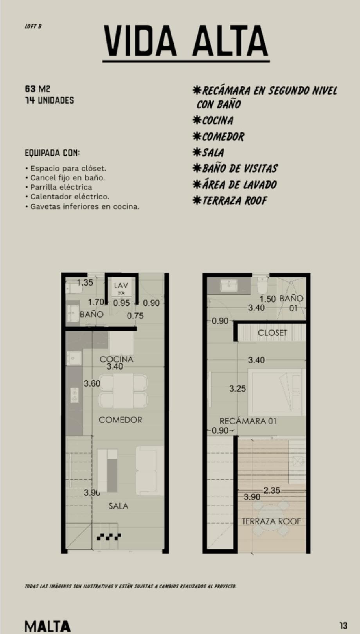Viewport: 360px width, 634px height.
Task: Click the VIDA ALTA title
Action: pos(186,41)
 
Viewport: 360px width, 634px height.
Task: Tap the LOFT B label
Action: pos(33,26)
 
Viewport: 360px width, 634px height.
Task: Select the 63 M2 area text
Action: pos(38,89)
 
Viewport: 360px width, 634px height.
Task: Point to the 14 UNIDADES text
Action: pos(49,100)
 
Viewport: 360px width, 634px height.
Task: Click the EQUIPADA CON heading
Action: pos(52,153)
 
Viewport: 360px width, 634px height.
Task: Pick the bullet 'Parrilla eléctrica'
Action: pos(61,187)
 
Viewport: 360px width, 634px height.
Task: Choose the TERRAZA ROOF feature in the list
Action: pos(230,201)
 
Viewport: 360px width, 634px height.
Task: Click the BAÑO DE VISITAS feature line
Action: pos(235,169)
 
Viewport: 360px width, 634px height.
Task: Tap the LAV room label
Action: pos(121,286)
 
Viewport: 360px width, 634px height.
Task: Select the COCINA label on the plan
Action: pos(116,359)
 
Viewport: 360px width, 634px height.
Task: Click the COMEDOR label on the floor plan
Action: pos(120,420)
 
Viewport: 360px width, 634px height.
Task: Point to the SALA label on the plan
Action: pos(118,506)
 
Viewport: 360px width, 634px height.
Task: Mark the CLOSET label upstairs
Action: pos(272,333)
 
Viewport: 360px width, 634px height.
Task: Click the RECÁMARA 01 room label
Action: pos(248,421)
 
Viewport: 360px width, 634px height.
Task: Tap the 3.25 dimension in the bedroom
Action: pos(238,389)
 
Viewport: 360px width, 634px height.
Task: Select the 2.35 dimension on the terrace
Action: pos(272,490)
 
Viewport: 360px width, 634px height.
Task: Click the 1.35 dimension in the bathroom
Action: pos(85,283)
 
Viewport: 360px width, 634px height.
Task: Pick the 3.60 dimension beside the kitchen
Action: pos(92,384)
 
